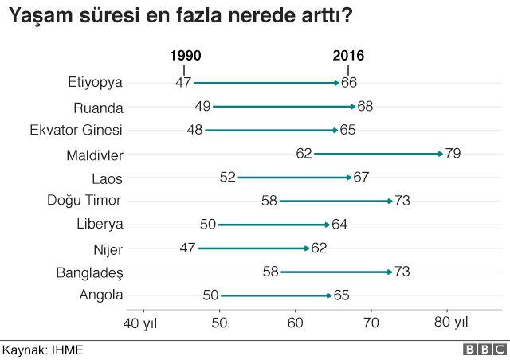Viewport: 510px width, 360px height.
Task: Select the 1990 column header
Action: click(185, 56)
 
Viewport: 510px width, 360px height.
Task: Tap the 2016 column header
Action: click(348, 56)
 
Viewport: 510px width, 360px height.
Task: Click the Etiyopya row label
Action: click(96, 82)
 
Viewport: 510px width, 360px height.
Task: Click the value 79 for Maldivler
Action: click(453, 154)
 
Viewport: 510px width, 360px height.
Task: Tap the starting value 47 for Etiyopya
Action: click(183, 82)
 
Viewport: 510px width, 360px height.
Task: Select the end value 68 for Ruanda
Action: click(366, 106)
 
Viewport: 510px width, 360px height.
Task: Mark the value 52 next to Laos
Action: click(228, 178)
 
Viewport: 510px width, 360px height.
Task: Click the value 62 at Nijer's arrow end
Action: click(319, 248)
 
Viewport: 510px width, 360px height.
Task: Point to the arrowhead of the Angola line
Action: click(329, 295)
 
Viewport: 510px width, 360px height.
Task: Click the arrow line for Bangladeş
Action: click(335, 272)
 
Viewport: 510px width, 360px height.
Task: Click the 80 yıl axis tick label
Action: click(451, 323)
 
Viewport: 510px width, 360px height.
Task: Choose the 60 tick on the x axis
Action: click(296, 323)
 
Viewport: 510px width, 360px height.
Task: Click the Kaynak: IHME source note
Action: click(42, 350)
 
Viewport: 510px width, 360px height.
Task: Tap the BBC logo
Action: click(483, 350)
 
